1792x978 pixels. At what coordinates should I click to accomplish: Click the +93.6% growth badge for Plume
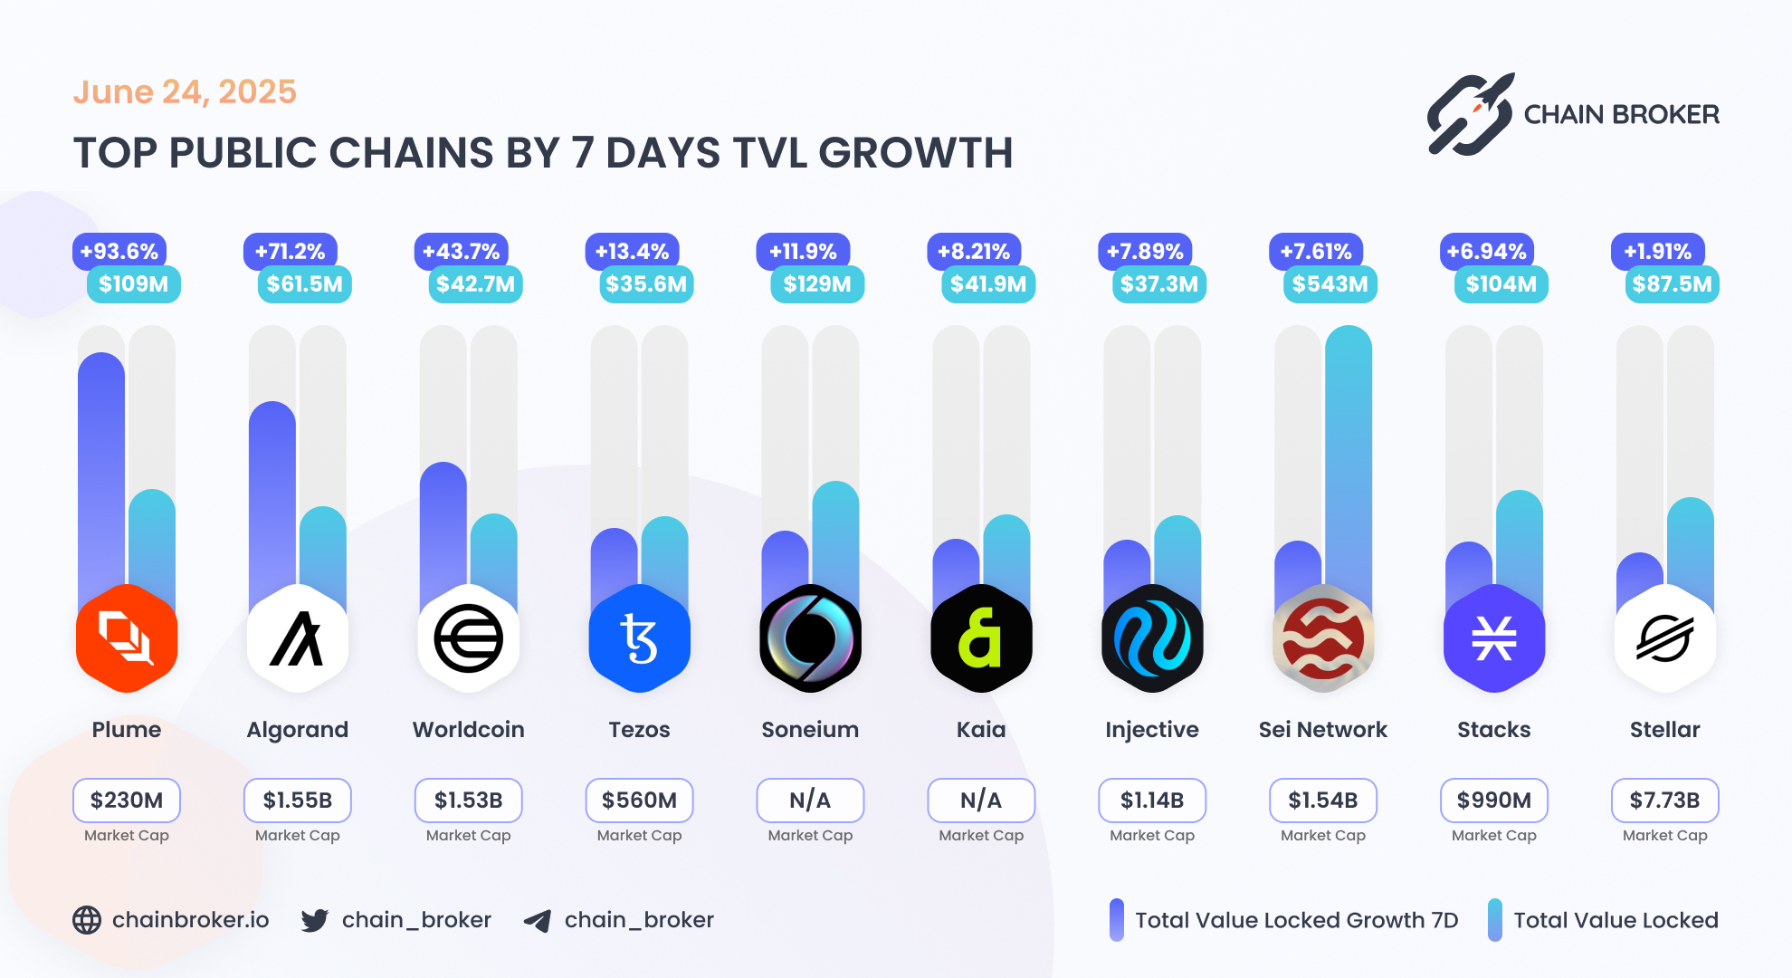pos(119,252)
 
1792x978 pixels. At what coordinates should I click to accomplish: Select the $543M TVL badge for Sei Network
pos(1330,284)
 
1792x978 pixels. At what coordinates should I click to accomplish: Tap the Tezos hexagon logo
pos(639,638)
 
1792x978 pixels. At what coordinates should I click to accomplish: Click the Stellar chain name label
pos(1664,730)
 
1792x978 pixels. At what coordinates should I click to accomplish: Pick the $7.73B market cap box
pos(1664,801)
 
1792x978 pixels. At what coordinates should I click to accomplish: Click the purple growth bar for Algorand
pos(272,498)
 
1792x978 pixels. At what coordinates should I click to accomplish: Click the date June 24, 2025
pos(185,91)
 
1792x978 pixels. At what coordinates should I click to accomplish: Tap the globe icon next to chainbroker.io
pos(87,920)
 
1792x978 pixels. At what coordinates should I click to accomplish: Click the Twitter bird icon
pos(314,921)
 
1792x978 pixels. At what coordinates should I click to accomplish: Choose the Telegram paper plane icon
pos(538,921)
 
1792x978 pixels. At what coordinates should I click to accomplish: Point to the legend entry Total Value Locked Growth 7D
pos(1296,920)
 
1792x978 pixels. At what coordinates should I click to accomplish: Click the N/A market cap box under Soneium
pos(810,801)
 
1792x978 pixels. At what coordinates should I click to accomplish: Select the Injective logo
pos(1152,638)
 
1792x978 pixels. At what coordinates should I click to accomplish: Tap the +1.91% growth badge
pos(1657,252)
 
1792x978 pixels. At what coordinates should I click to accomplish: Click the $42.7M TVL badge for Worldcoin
pos(475,284)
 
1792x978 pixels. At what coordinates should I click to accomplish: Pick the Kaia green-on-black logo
pos(981,638)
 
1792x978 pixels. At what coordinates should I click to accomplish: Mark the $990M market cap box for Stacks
pos(1493,801)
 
